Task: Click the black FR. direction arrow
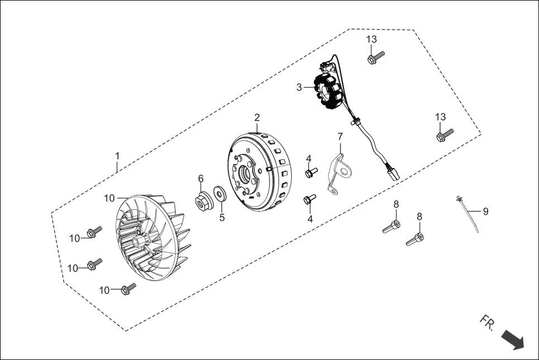click(512, 339)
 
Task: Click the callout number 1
click(117, 155)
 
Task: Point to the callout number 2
click(257, 118)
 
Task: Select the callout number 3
click(299, 87)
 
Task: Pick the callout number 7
click(340, 136)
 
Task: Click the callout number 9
click(485, 211)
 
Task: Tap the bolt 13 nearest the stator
click(376, 57)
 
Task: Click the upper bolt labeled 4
click(311, 172)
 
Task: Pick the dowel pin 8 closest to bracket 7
click(392, 227)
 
